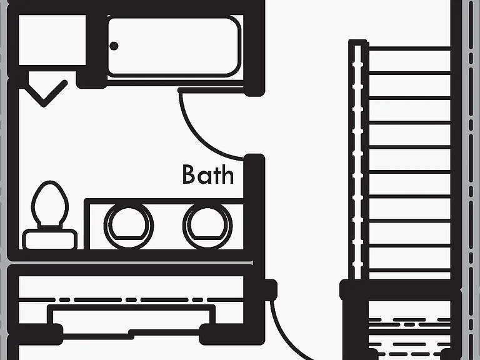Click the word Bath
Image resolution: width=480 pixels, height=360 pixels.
(x=208, y=174)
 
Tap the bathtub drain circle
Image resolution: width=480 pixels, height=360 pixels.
(x=114, y=46)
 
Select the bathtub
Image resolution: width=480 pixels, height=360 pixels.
(x=174, y=46)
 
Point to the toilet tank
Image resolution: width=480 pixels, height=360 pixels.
(x=50, y=239)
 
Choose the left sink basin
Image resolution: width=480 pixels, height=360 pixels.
(x=129, y=226)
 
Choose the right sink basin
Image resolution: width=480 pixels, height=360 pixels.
(x=207, y=226)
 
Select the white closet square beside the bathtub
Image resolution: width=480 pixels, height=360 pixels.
(x=52, y=40)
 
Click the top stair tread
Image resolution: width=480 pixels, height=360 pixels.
(x=409, y=60)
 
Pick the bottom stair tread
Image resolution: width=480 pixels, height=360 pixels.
(x=409, y=259)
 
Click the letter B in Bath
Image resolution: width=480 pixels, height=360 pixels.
(x=189, y=174)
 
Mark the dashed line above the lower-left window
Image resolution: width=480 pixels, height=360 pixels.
(x=131, y=300)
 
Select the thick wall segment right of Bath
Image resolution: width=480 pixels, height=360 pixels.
(x=254, y=208)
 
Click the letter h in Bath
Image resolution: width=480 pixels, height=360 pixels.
(x=227, y=174)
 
